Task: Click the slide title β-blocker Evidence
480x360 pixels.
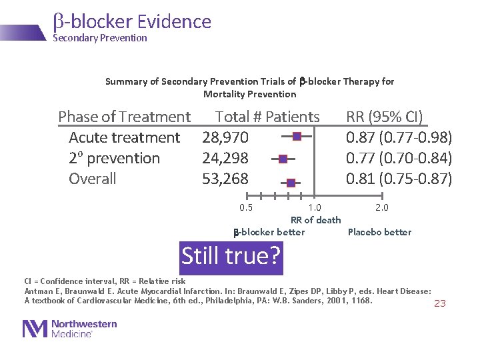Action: click(132, 21)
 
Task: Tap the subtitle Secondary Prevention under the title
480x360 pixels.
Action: click(100, 38)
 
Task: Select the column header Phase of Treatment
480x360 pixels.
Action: click(124, 117)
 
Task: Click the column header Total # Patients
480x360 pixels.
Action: click(267, 117)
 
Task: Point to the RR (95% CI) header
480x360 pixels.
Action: click(384, 117)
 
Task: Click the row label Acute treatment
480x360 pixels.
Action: click(124, 137)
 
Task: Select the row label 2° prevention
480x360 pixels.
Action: click(114, 158)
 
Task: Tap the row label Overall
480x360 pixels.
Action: click(93, 179)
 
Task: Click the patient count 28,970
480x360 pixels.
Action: click(225, 137)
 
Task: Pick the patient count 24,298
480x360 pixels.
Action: click(225, 158)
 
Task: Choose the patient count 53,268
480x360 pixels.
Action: click(225, 179)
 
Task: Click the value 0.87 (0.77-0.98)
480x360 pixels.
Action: click(399, 137)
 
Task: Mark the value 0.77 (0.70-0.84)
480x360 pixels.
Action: click(399, 158)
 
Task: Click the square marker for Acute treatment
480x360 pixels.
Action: click(297, 137)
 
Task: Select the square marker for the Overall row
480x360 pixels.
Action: click(291, 183)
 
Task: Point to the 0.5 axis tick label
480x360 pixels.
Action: click(246, 207)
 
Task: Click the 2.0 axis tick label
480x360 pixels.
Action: click(381, 207)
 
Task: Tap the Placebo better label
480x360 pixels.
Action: click(379, 232)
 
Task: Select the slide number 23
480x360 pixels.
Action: click(440, 303)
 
